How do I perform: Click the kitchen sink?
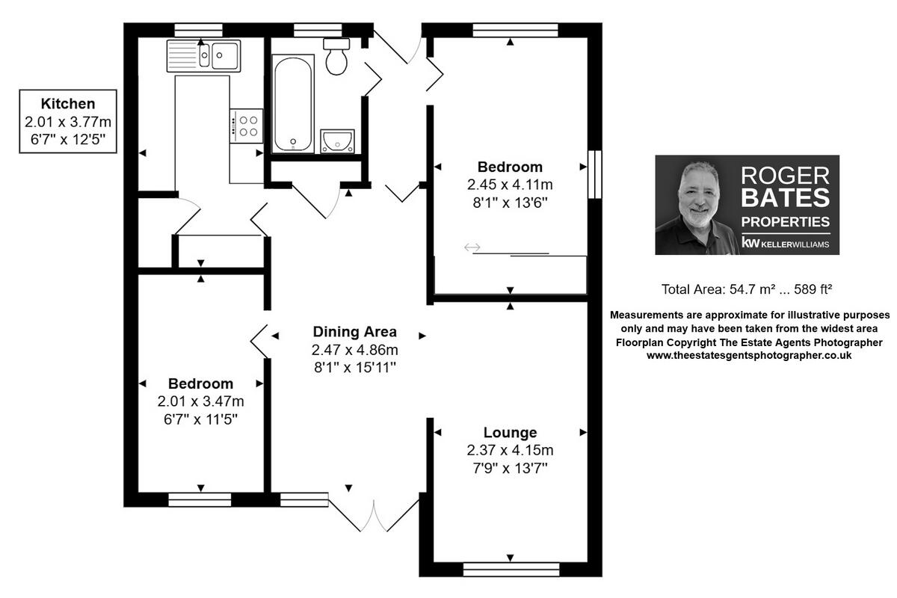click(203, 55)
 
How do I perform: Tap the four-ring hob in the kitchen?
click(247, 124)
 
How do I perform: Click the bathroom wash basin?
click(337, 141)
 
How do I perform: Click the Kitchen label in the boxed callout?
click(68, 104)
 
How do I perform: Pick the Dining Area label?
click(354, 332)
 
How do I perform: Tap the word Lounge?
click(510, 432)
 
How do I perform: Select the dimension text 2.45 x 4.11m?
click(510, 185)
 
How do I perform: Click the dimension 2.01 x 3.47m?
click(200, 401)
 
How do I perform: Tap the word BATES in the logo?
click(785, 198)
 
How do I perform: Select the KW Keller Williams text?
click(785, 243)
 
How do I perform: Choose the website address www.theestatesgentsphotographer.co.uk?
click(749, 356)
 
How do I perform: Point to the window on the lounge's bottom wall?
click(511, 570)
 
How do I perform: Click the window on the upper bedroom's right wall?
click(595, 174)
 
